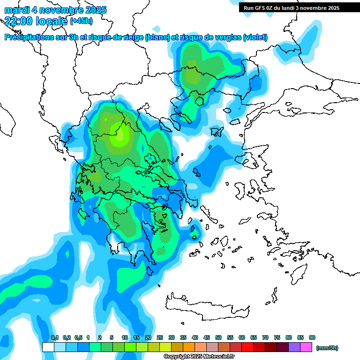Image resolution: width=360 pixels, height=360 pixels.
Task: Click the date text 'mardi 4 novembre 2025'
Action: [55, 10]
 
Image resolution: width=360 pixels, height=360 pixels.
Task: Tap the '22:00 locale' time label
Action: [36, 20]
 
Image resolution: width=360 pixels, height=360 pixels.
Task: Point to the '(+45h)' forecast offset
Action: [81, 21]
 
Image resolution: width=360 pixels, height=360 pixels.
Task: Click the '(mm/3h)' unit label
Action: [327, 348]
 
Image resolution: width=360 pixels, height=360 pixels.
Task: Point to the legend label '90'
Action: [312, 337]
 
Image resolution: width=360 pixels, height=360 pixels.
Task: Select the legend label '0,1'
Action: [54, 337]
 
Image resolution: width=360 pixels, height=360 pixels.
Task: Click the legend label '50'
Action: [218, 337]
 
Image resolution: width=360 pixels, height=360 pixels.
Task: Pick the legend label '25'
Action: [160, 337]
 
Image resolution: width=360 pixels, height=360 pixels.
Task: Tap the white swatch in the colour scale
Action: [48, 347]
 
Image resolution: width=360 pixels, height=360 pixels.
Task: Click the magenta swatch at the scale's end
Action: [306, 347]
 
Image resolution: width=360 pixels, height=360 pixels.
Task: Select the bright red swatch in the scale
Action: [247, 347]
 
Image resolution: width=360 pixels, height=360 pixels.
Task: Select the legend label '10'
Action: [125, 337]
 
